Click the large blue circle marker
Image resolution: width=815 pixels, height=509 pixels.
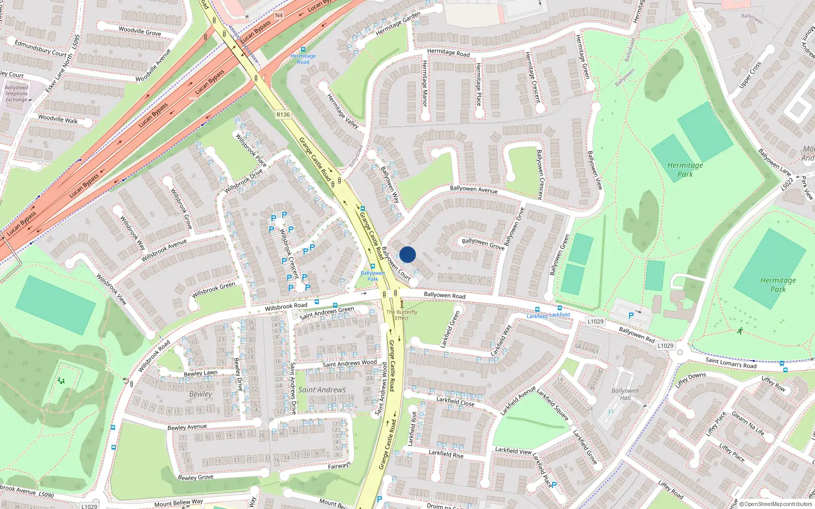click(407, 254)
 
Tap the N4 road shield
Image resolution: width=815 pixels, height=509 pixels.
click(279, 15)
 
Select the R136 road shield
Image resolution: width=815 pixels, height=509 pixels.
click(283, 115)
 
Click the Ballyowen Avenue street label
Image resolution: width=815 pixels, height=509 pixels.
click(474, 189)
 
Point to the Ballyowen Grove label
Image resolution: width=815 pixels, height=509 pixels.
click(483, 243)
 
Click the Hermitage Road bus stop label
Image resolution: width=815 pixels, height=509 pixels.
click(303, 59)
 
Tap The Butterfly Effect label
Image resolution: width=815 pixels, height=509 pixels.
click(401, 315)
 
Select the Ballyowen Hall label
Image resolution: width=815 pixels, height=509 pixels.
click(625, 394)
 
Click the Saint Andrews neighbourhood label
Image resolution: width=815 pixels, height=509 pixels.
click(322, 390)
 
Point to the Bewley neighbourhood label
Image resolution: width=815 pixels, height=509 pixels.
click(201, 394)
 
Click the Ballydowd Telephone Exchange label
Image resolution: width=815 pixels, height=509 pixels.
click(17, 94)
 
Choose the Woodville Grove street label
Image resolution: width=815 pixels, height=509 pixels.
click(140, 31)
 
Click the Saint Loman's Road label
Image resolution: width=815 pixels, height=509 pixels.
click(731, 363)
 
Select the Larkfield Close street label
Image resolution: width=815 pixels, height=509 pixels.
click(455, 402)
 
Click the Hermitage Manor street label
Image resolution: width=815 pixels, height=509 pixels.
click(425, 83)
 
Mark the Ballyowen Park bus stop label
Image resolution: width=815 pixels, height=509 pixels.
click(373, 276)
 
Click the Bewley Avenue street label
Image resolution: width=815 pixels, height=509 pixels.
click(187, 427)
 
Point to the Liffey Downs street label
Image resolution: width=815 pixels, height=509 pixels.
click(690, 380)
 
